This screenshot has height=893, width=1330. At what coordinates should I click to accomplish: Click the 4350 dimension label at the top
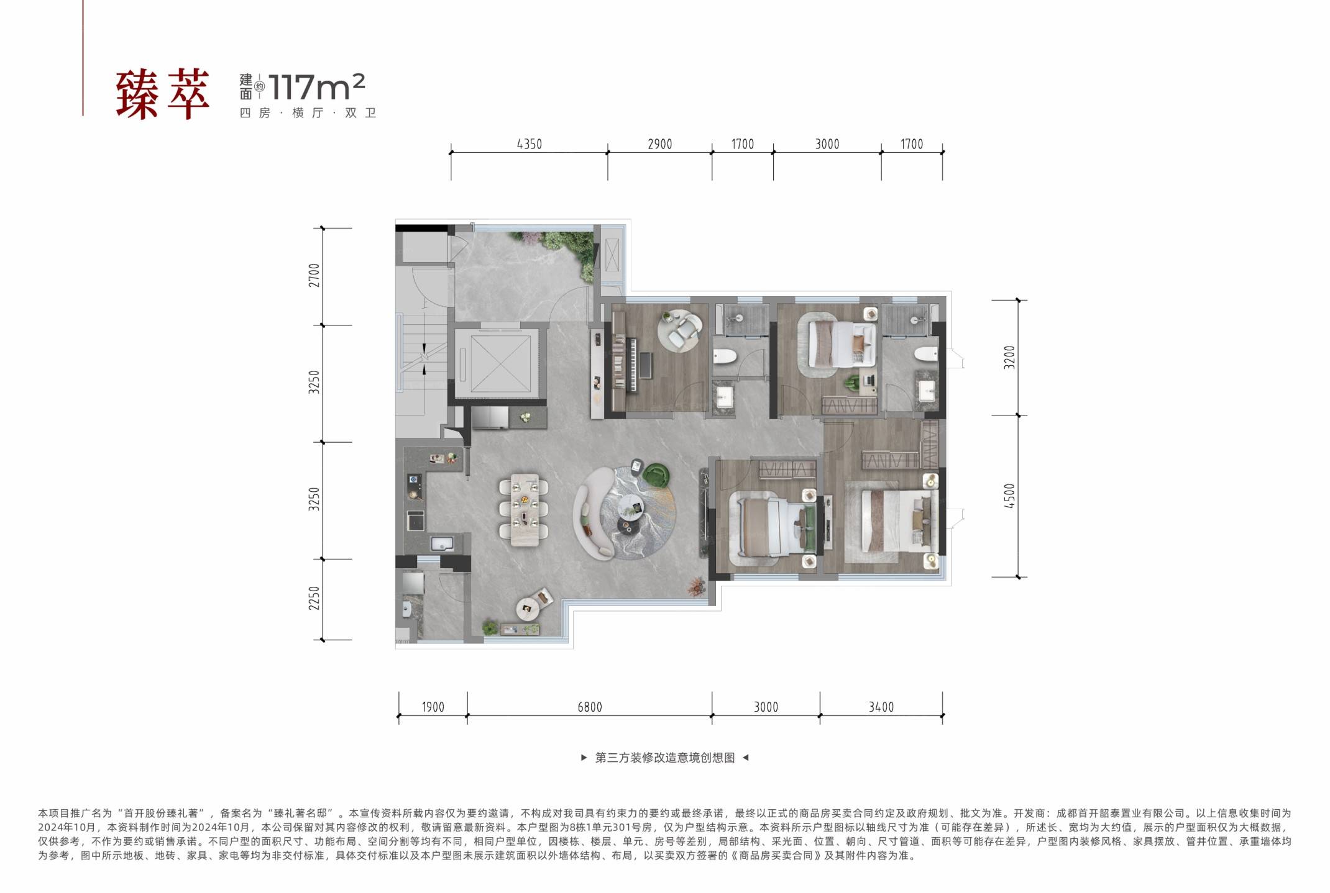(x=529, y=144)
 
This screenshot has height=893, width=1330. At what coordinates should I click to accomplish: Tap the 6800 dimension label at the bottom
(x=589, y=707)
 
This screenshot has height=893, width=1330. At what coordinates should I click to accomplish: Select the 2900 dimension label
(x=659, y=144)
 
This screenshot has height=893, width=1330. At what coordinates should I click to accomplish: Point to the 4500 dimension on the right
(x=1009, y=496)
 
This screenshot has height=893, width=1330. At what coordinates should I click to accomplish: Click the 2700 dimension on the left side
(x=314, y=275)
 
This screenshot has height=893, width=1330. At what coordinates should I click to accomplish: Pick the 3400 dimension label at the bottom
(x=881, y=707)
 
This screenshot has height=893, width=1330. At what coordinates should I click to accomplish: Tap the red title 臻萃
(x=163, y=95)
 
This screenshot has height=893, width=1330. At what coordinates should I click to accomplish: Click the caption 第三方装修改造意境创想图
(x=664, y=758)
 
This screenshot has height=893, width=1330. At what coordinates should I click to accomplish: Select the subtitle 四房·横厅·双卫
(x=308, y=113)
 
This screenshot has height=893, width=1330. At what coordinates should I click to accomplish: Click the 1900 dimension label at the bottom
(x=433, y=707)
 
